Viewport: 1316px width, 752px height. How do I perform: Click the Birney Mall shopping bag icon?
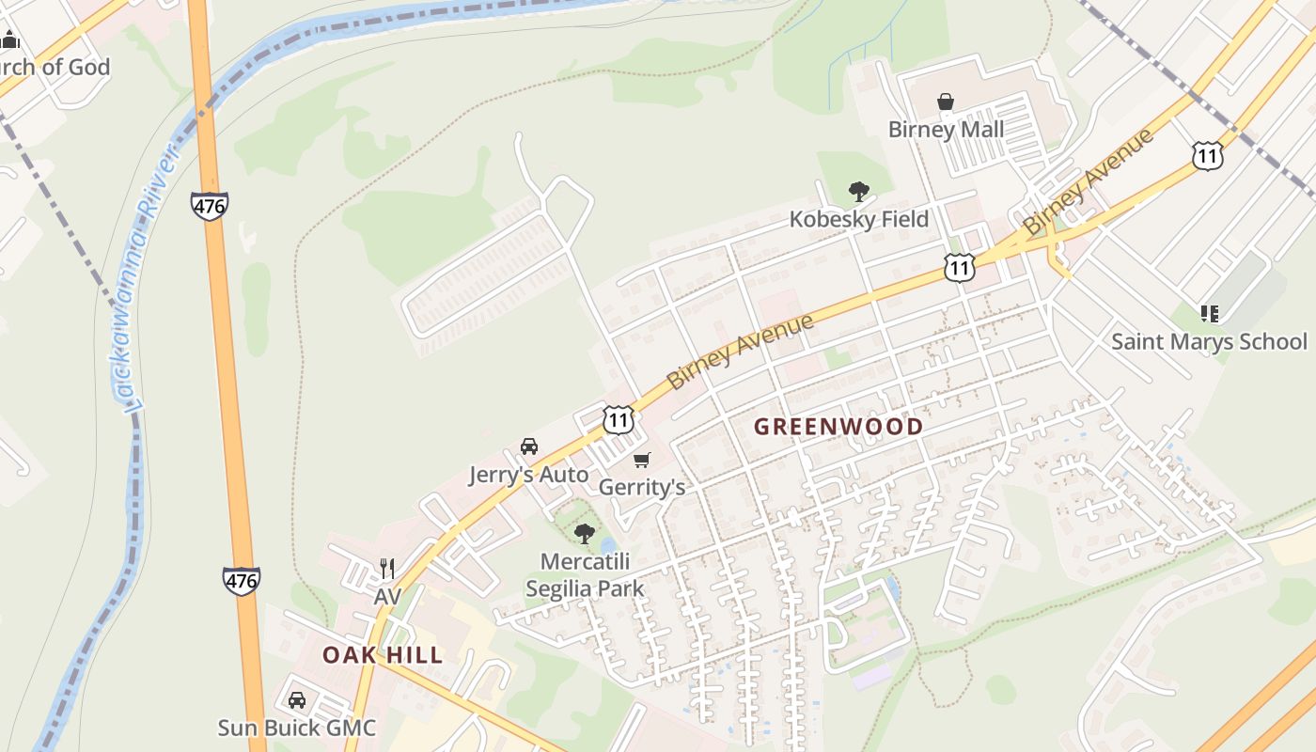946,102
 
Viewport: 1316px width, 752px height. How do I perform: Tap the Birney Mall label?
946,130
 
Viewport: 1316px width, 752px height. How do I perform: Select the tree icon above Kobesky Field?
858,192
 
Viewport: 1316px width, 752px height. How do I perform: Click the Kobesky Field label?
858,219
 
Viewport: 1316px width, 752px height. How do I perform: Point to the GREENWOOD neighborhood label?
838,427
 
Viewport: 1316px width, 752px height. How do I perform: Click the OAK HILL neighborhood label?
383,655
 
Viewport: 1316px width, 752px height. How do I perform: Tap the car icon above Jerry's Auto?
529,446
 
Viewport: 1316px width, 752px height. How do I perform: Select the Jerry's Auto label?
529,475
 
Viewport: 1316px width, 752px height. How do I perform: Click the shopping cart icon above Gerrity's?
641,460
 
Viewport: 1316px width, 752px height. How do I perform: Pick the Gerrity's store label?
642,487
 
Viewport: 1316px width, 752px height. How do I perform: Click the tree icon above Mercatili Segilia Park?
585,534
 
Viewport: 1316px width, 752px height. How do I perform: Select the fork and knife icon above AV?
387,568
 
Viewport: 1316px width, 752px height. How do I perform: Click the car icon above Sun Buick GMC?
297,700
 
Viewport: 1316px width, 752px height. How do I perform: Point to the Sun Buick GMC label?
297,728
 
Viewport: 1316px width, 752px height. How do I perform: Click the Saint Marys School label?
1209,341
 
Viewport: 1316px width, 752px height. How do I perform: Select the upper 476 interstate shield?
209,206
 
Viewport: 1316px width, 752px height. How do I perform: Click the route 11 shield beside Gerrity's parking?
618,419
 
